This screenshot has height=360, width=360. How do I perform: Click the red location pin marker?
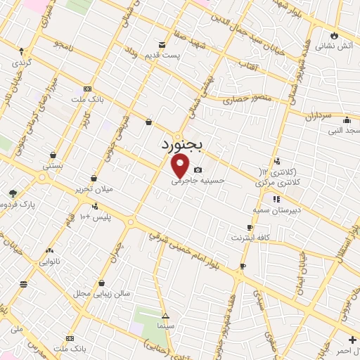180,165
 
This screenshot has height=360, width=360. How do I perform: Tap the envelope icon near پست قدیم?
162,45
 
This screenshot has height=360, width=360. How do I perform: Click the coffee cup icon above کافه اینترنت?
250,227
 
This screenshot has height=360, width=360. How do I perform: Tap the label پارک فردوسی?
17,204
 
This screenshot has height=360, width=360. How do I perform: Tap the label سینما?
166,327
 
